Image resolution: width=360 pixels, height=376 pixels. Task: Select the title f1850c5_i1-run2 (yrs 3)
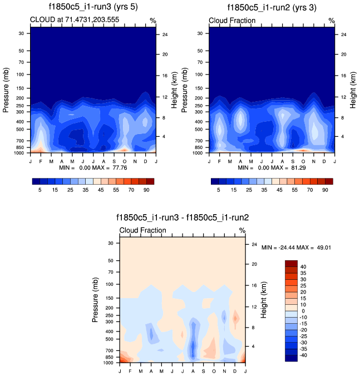(x=273, y=7)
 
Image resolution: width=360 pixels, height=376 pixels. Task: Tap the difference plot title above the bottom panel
(x=183, y=217)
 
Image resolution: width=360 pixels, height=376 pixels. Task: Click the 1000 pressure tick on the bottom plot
(x=108, y=362)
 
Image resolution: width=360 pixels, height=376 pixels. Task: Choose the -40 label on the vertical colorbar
(x=304, y=355)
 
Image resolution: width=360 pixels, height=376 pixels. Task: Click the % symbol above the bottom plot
(x=242, y=230)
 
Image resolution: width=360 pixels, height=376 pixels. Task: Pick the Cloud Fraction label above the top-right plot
(x=232, y=21)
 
